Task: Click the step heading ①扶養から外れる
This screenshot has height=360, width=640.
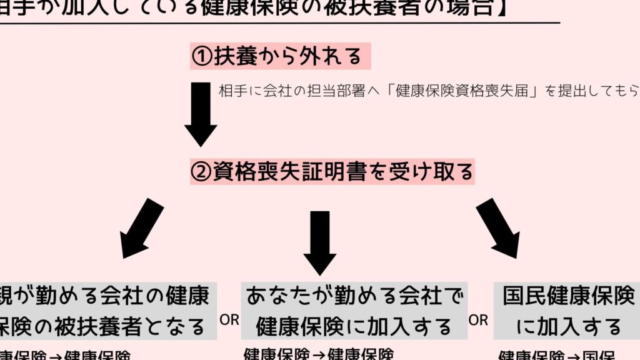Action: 280,57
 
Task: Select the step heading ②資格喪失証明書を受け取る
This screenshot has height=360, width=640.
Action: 332,171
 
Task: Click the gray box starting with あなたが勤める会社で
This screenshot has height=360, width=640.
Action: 354,311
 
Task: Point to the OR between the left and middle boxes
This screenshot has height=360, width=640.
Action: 229,320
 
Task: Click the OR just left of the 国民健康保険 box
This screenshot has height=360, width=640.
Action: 479,321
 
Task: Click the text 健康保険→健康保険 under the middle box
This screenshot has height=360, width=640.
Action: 318,354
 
